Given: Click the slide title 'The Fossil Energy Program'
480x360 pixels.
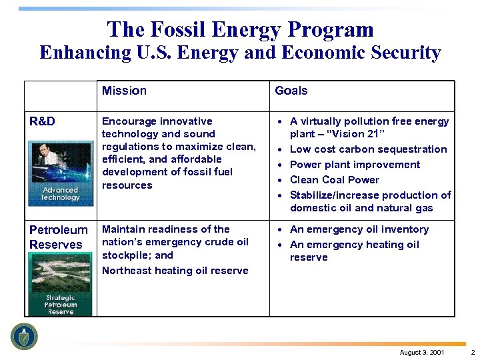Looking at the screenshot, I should pyautogui.click(x=240, y=29).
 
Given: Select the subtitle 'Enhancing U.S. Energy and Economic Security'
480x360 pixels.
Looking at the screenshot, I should pyautogui.click(x=240, y=53).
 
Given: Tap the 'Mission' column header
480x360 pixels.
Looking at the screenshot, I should pyautogui.click(x=124, y=91).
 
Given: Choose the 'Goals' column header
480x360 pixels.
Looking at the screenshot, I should pyautogui.click(x=291, y=91).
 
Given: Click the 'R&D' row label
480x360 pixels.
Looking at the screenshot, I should pyautogui.click(x=42, y=121).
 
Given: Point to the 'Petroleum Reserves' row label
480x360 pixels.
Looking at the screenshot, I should pyautogui.click(x=58, y=237).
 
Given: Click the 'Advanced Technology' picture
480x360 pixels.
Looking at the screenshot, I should pyautogui.click(x=60, y=173).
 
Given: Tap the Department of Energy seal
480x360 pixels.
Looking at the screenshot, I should pyautogui.click(x=25, y=336).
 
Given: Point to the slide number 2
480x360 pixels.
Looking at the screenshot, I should pyautogui.click(x=472, y=352).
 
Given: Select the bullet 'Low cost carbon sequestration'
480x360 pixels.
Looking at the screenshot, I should pyautogui.click(x=368, y=149).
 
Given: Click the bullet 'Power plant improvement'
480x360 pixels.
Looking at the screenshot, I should pyautogui.click(x=355, y=165).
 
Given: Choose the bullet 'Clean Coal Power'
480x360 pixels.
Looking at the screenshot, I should pyautogui.click(x=334, y=180).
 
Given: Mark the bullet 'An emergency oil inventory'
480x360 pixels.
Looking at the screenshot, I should pyautogui.click(x=359, y=229).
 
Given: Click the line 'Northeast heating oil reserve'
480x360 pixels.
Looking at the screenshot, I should pyautogui.click(x=175, y=271).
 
